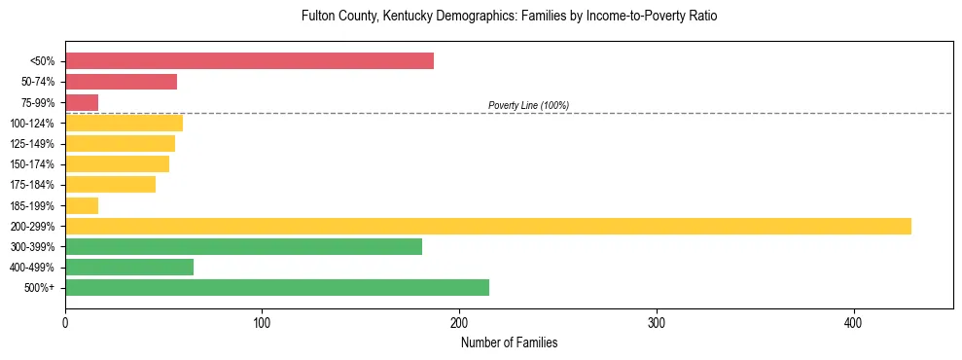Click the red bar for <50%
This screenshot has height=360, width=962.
click(249, 61)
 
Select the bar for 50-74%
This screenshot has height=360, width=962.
click(121, 82)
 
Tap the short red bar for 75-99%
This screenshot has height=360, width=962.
click(82, 102)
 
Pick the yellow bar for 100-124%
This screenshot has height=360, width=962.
click(124, 123)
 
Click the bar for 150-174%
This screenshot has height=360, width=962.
click(117, 163)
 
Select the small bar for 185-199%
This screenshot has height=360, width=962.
click(82, 205)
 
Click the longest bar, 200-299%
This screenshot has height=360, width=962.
click(487, 226)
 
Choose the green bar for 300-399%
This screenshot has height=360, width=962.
click(243, 246)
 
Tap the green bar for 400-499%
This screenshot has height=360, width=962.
click(129, 267)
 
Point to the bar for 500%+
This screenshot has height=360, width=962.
click(277, 287)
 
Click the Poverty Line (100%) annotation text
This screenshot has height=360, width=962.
click(528, 105)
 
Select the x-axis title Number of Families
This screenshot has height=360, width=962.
click(509, 343)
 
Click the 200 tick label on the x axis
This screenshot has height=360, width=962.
click(459, 323)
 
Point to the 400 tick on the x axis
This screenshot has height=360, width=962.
click(853, 323)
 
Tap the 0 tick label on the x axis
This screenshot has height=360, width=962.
click(65, 323)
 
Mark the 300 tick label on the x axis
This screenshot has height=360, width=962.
click(657, 323)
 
